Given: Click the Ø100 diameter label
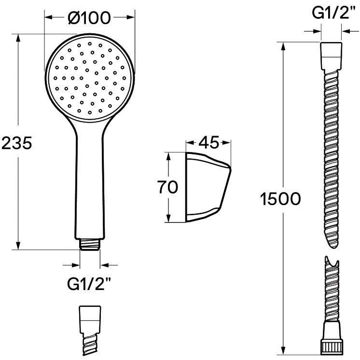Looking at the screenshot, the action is [x=89, y=18].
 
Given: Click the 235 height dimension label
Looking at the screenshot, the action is [x=17, y=143].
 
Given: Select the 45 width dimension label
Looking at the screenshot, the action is [x=209, y=142].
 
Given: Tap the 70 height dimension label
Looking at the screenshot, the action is [x=167, y=187].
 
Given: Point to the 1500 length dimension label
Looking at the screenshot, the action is [x=280, y=199].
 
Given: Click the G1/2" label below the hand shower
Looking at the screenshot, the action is [x=89, y=284].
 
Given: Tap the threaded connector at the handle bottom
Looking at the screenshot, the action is [x=90, y=244].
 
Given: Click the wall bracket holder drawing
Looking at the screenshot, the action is [x=208, y=187].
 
